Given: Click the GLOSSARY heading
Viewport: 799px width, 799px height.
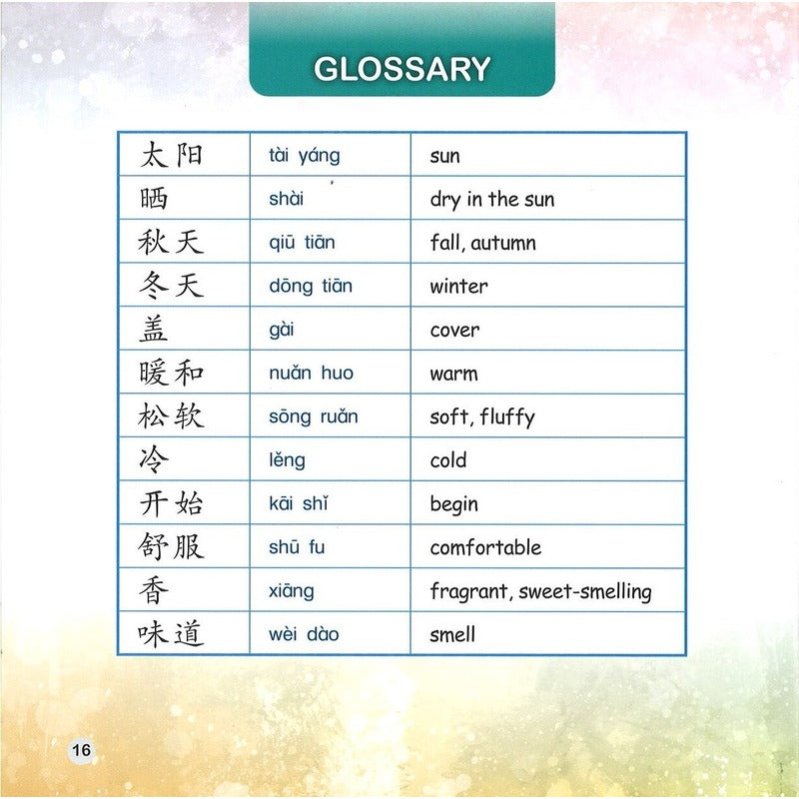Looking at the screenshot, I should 401,69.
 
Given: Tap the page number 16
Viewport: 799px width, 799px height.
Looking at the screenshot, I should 81,750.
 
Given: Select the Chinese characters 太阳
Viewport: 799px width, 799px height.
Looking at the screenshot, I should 171,155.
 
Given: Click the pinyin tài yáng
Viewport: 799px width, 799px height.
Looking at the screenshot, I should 305,156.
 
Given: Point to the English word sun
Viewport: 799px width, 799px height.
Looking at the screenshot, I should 444,157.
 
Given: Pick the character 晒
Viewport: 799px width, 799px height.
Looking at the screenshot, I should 155,199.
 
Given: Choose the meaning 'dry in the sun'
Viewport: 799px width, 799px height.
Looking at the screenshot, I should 491,200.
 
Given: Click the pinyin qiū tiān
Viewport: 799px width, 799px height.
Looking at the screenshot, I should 302,243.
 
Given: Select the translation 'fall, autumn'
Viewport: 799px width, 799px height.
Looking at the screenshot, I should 482,243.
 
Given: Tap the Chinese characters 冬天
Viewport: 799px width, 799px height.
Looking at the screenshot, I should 171,286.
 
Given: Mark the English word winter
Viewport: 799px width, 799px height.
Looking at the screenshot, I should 458,287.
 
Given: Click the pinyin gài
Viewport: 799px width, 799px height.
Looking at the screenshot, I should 282,330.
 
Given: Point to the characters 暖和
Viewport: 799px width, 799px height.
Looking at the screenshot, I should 171,373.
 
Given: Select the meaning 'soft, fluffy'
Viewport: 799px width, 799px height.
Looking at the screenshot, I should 481,416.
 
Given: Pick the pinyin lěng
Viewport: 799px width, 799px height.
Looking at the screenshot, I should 287,460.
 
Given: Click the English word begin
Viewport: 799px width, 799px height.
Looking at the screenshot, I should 453,504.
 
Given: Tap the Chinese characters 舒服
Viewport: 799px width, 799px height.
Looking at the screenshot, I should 171,546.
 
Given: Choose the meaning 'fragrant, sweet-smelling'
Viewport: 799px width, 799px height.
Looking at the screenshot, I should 540,591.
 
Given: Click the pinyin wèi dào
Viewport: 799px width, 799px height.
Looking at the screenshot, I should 304,634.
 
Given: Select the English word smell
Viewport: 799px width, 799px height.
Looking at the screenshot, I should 452,634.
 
